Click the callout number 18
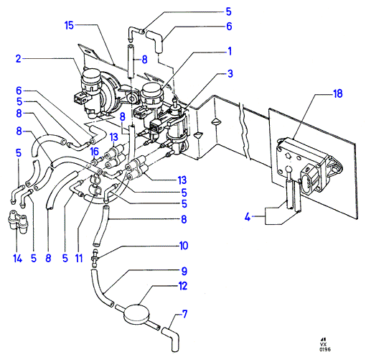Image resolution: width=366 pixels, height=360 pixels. pos(338,93)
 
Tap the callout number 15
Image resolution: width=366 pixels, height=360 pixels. pos(69,25)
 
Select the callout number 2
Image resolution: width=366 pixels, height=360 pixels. pos(19,59)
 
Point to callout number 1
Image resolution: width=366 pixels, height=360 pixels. pos(230,51)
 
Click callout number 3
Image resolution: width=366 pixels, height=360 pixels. pos(230,73)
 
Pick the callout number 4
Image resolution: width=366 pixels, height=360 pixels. pos(248,217)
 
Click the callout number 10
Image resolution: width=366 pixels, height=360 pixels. pos(184,246)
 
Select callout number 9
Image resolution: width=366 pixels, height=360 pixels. pos(184,271)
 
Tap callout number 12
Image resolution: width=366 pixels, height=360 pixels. pos(183,286)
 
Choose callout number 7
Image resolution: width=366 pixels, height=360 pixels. pos(184,314)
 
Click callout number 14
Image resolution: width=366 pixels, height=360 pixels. pos(18,259)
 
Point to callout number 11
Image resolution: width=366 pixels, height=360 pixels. pos(79,259)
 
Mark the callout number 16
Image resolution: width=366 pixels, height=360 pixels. pos(95,152)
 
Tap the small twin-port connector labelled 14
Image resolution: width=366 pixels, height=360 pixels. pos(17,222)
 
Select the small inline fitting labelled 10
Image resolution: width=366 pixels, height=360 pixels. pos(95,259)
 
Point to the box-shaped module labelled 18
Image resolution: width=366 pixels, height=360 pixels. pos(309,164)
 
